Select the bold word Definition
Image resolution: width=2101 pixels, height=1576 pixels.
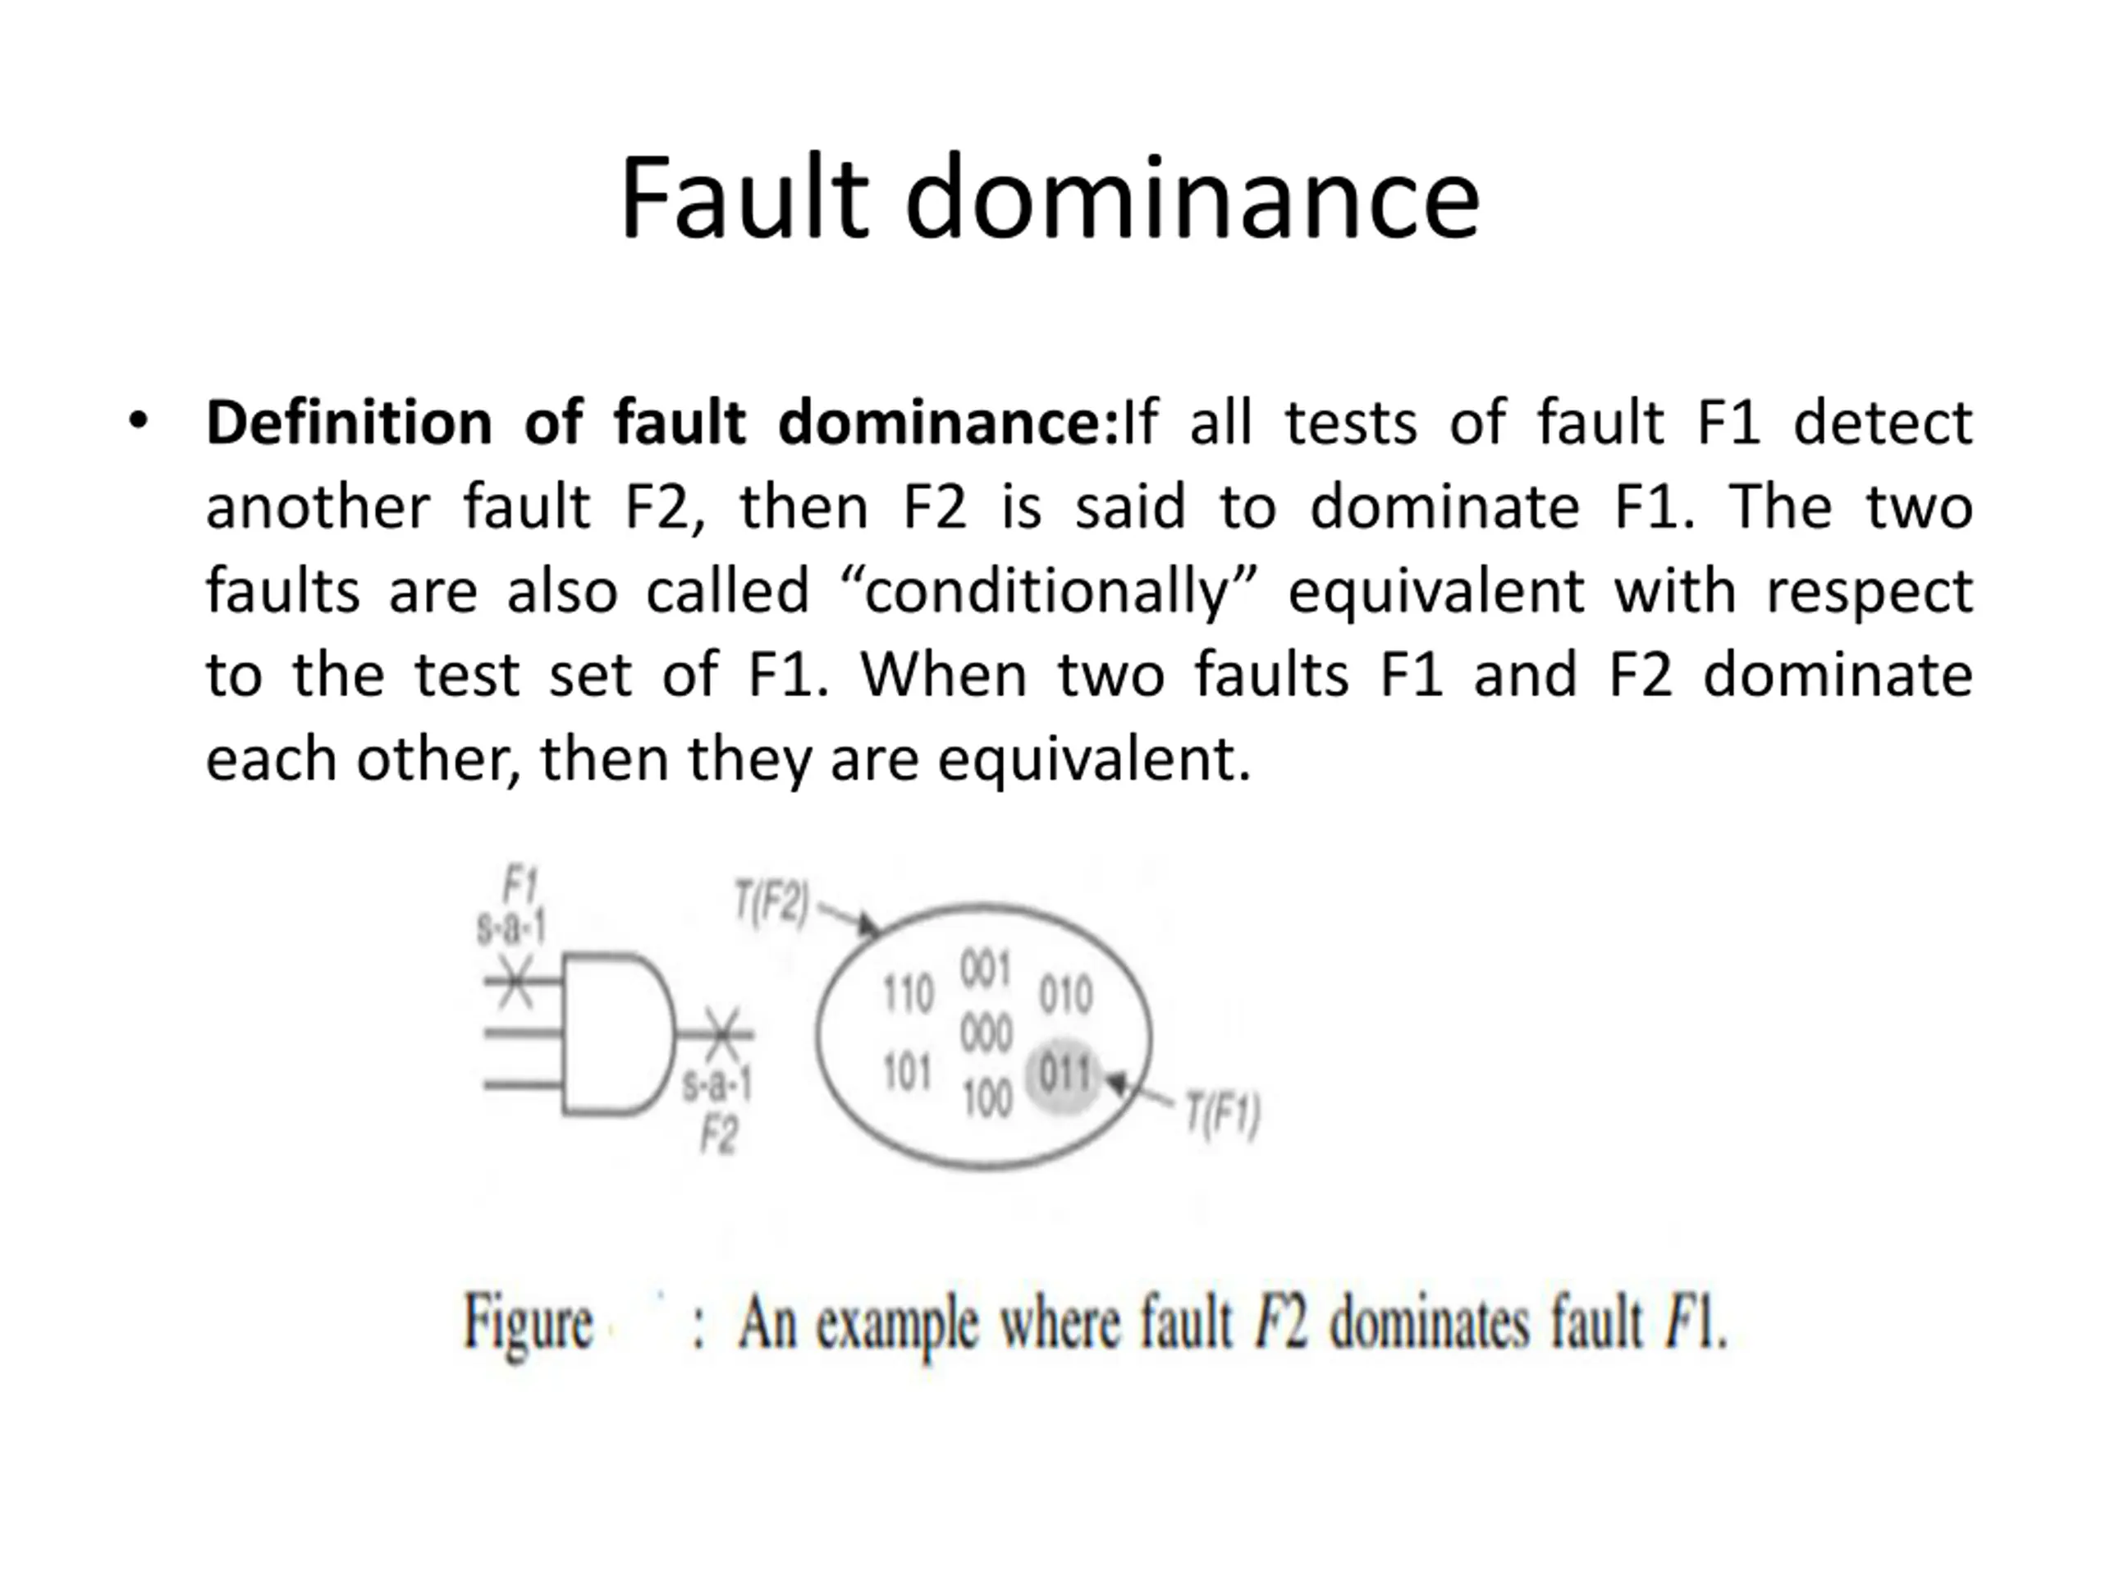click(349, 423)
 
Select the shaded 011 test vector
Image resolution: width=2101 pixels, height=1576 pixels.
click(1064, 1074)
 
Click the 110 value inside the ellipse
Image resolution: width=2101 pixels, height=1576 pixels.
click(908, 994)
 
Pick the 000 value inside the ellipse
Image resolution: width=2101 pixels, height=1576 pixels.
click(986, 1033)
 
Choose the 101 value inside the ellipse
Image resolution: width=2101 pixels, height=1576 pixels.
click(907, 1074)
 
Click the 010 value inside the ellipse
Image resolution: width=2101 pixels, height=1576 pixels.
click(1064, 995)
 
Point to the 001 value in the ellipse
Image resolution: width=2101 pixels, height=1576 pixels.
click(984, 970)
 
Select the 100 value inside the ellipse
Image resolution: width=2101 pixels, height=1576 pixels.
click(986, 1100)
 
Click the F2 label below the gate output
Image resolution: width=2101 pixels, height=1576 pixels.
click(718, 1134)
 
